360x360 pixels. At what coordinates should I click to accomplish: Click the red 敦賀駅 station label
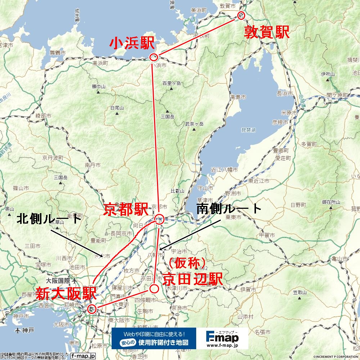267,32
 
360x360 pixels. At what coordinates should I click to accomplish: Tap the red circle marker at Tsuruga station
241,15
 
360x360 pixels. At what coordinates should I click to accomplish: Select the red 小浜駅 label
132,44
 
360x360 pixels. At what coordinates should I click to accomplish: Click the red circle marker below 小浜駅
154,57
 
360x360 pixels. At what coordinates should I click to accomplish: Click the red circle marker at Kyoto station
159,219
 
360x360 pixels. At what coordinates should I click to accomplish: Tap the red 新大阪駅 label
66,294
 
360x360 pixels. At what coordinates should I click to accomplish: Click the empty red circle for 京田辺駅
154,288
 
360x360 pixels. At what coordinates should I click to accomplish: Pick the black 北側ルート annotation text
49,219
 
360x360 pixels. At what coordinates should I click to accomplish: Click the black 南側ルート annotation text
229,209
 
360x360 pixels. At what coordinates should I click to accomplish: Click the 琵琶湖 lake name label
248,129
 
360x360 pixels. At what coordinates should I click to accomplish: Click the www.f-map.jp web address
222,345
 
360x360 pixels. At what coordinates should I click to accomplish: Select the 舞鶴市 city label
58,53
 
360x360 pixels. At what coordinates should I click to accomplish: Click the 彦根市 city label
280,122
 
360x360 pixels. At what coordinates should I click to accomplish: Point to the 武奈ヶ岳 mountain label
194,124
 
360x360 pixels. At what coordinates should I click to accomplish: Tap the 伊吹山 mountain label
328,74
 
